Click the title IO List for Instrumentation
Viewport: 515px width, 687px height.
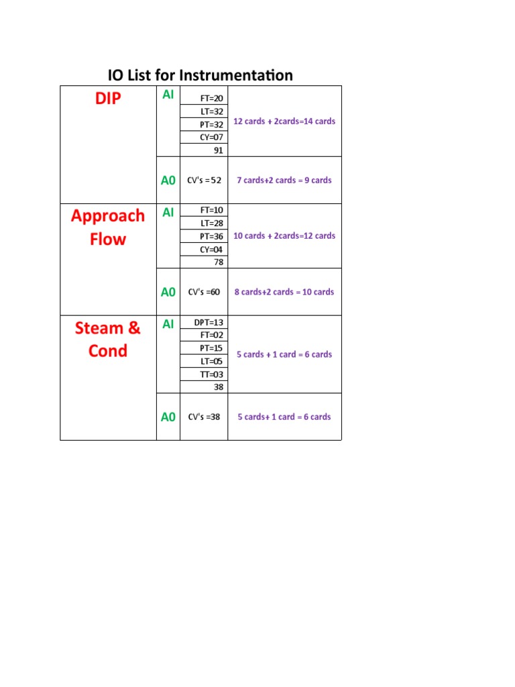pyautogui.click(x=201, y=75)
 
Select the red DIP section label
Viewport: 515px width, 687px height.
pyautogui.click(x=107, y=99)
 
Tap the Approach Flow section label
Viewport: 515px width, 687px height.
pyautogui.click(x=108, y=227)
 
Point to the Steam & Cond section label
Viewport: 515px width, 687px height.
pyautogui.click(x=108, y=339)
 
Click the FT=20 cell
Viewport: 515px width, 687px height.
pyautogui.click(x=212, y=99)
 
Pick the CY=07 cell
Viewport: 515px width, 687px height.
pyautogui.click(x=212, y=138)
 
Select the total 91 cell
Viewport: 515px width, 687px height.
pyautogui.click(x=218, y=150)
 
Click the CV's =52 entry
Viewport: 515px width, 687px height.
pyautogui.click(x=205, y=180)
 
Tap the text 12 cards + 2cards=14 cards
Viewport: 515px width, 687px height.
pyautogui.click(x=284, y=121)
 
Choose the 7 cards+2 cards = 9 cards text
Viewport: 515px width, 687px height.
pyautogui.click(x=284, y=180)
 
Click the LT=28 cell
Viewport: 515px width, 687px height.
pyautogui.click(x=212, y=223)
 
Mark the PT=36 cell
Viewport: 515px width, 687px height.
pyautogui.click(x=212, y=236)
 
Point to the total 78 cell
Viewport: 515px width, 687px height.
pyautogui.click(x=218, y=262)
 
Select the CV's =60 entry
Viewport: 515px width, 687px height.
pyautogui.click(x=204, y=292)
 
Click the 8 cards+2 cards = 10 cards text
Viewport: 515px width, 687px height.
pyautogui.click(x=284, y=292)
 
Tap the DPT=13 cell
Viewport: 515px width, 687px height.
pyautogui.click(x=209, y=322)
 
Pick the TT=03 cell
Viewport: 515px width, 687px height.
pyautogui.click(x=212, y=374)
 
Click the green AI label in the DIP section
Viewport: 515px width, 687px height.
pyautogui.click(x=168, y=95)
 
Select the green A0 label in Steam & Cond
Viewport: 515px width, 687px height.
pyautogui.click(x=168, y=417)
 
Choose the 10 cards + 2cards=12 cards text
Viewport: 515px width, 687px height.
pyautogui.click(x=284, y=235)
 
